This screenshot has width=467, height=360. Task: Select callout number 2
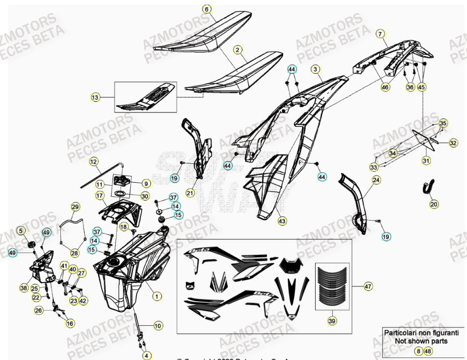[238, 50]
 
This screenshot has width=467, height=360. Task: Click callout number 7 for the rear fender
[380, 34]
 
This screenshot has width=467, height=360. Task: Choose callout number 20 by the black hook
[434, 204]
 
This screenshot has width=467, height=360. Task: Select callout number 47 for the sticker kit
[367, 287]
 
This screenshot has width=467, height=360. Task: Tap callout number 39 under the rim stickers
[332, 321]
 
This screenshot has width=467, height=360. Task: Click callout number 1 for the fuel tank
[157, 296]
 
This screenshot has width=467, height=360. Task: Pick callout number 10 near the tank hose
[158, 325]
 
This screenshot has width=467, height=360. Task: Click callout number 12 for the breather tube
[94, 162]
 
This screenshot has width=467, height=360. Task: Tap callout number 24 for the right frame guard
[376, 180]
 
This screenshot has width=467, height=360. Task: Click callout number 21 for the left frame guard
[190, 193]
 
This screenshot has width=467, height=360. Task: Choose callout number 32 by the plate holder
[453, 144]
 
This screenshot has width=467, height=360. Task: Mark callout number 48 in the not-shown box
[428, 351]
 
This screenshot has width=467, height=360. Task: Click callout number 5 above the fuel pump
[21, 231]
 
